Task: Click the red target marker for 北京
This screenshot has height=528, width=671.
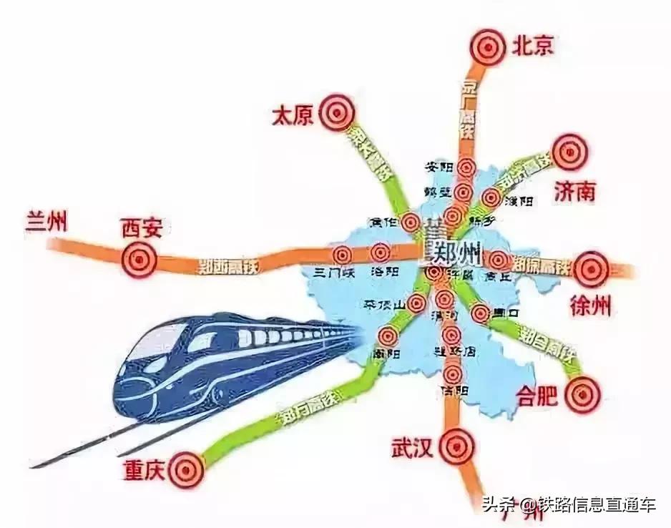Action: [x=488, y=47]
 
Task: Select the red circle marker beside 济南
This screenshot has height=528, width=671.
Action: [x=570, y=152]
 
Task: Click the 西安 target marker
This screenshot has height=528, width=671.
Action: [x=139, y=259]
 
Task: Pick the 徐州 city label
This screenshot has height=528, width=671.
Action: [x=591, y=306]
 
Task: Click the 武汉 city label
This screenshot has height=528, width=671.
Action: [x=411, y=449]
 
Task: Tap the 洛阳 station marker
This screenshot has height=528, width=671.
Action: [x=379, y=252]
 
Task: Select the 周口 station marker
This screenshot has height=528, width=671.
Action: [x=480, y=313]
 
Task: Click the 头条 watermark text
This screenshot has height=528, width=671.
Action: [x=498, y=505]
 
